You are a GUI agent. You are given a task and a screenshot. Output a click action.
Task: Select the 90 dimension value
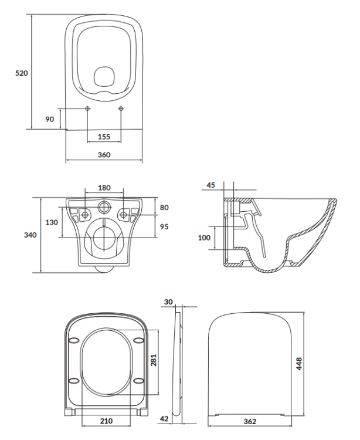pyautogui.click(x=50, y=119)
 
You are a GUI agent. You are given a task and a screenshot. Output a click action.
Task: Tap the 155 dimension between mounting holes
pyautogui.click(x=104, y=137)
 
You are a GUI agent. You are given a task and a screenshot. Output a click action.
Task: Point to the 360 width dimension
pyautogui.click(x=104, y=154)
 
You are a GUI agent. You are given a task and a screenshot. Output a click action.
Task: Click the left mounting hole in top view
pyautogui.click(x=87, y=109)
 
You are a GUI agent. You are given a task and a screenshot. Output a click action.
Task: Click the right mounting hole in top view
pyautogui.click(x=121, y=109)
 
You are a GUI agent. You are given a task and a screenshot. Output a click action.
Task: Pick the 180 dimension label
pyautogui.click(x=104, y=188)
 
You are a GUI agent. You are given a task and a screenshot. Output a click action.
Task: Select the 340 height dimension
pyautogui.click(x=30, y=235)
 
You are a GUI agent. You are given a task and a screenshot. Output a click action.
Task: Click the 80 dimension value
pyautogui.click(x=164, y=207)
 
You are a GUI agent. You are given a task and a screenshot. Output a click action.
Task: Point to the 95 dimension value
pyautogui.click(x=164, y=226)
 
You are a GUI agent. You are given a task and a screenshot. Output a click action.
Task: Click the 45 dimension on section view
pyautogui.click(x=210, y=185)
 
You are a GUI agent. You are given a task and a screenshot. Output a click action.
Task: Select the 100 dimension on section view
pyautogui.click(x=203, y=238)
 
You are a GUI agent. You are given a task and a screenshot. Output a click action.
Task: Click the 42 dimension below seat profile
pyautogui.click(x=166, y=418)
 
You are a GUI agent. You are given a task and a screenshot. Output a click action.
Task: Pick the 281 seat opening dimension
pyautogui.click(x=154, y=360)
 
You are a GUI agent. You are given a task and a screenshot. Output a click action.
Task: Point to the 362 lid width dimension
pyautogui.click(x=250, y=422)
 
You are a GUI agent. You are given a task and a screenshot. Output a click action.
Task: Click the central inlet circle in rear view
pyautogui.click(x=104, y=207)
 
